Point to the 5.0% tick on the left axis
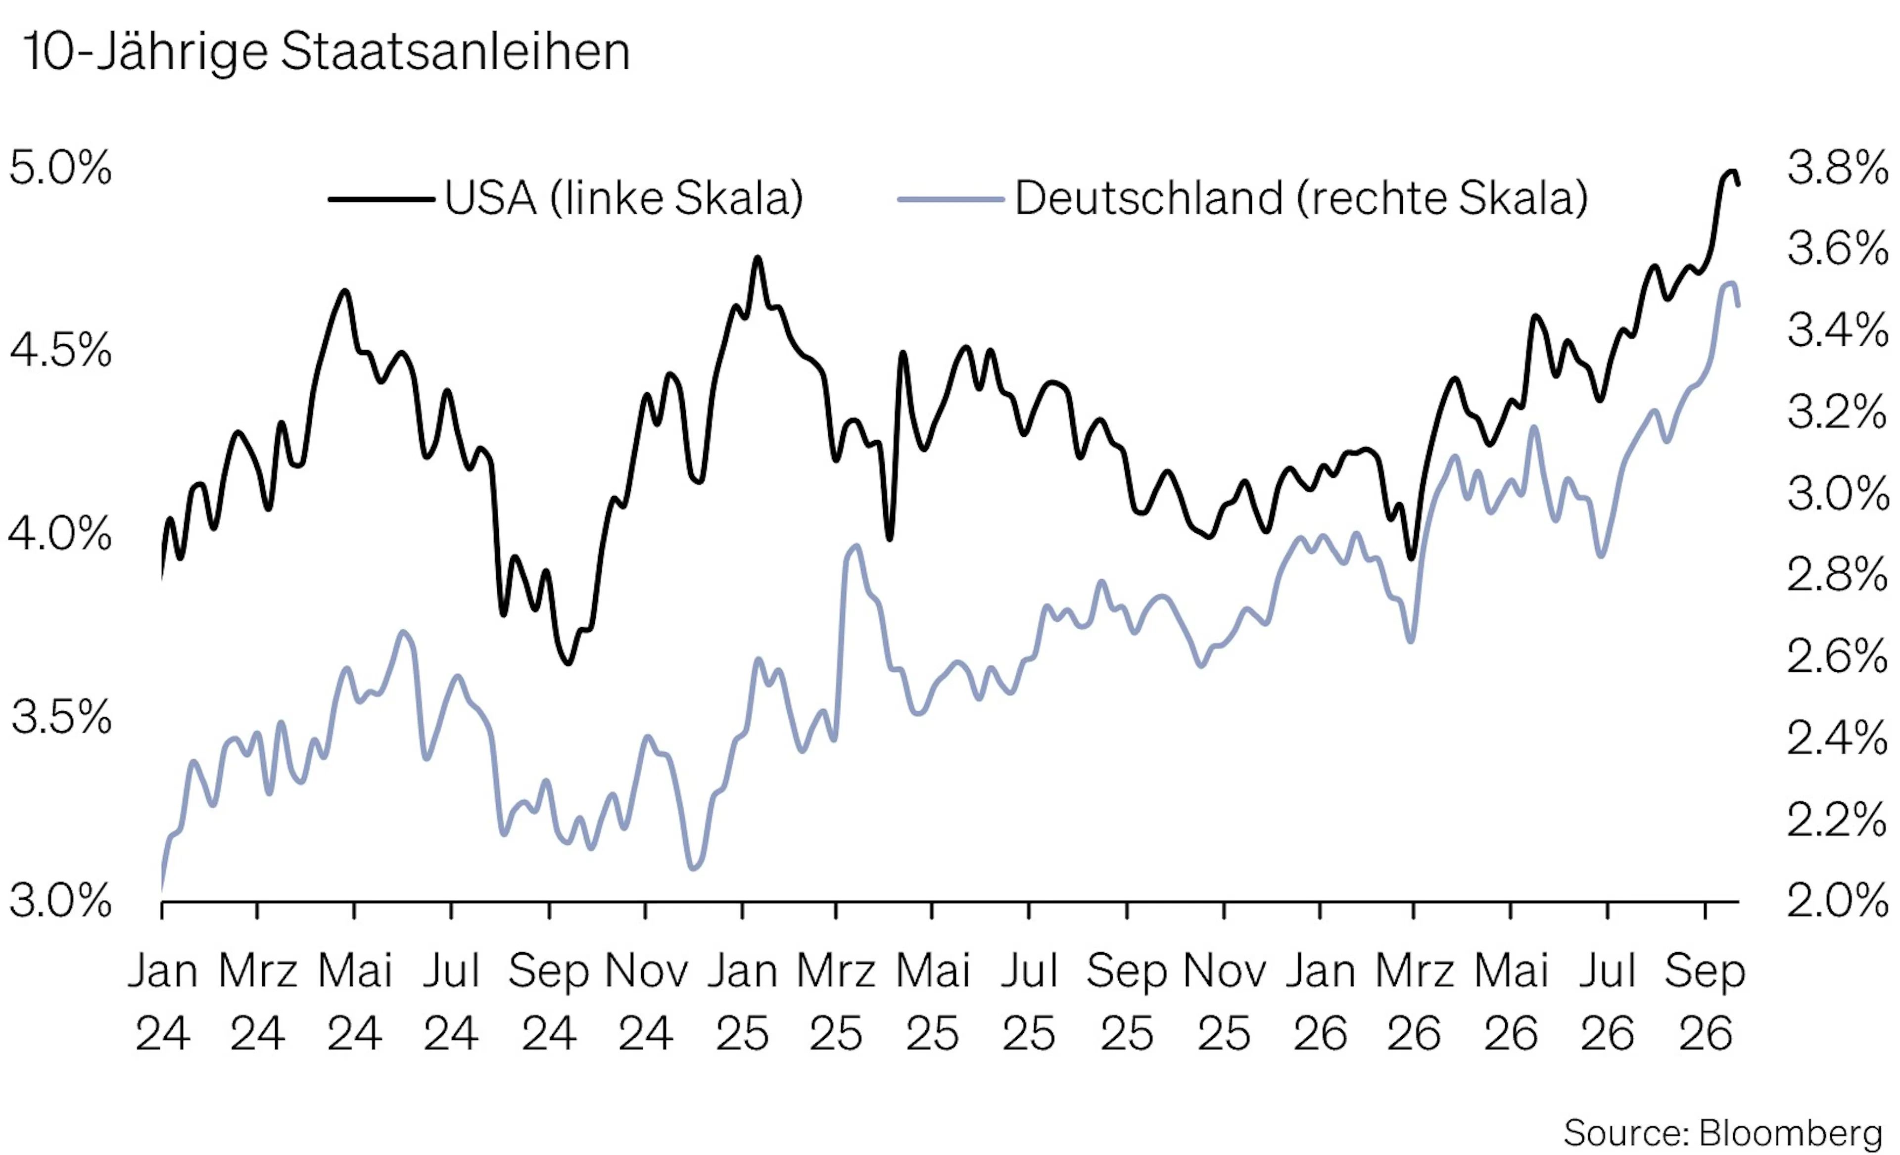pyautogui.click(x=60, y=167)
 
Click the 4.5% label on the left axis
pyautogui.click(x=60, y=350)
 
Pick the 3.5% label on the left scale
pyautogui.click(x=60, y=717)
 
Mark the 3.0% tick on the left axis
pyautogui.click(x=60, y=901)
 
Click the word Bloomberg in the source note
pyautogui.click(x=1791, y=1133)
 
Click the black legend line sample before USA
pyautogui.click(x=381, y=199)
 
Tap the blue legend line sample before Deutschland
pyautogui.click(x=951, y=199)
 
